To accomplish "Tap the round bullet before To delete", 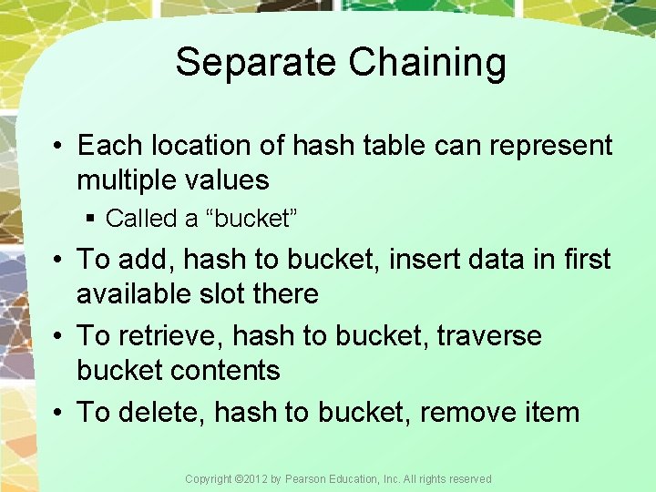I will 57,413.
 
